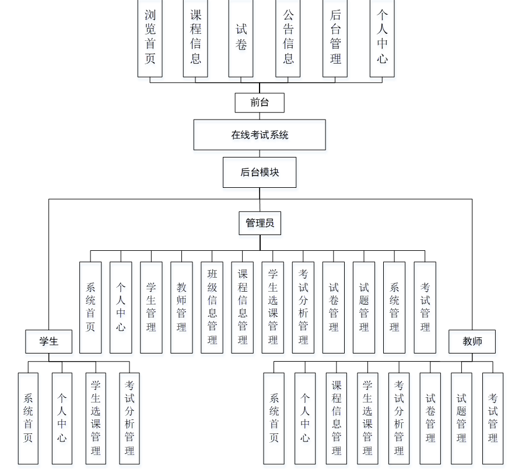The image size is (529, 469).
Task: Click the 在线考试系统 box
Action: point(260,135)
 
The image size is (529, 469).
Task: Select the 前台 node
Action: point(260,103)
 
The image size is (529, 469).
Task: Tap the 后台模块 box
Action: point(260,172)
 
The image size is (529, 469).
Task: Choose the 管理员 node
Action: point(260,223)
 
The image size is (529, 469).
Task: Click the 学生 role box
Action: point(48,341)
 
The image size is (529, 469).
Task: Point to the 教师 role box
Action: point(472,341)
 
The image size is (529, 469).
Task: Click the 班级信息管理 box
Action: point(212,307)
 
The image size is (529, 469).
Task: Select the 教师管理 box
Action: point(181,307)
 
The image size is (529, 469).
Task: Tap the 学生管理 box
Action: point(151,307)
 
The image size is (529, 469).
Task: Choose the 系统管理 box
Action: point(394,307)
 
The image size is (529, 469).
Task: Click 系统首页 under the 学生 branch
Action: point(28,418)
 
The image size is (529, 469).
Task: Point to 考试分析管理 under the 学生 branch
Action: point(129,418)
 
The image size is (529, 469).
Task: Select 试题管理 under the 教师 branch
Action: point(461,418)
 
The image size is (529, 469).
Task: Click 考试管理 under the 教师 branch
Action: point(493,418)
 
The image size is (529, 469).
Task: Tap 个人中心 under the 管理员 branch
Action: point(121,307)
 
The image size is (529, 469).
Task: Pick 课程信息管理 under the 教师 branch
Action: point(337,418)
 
